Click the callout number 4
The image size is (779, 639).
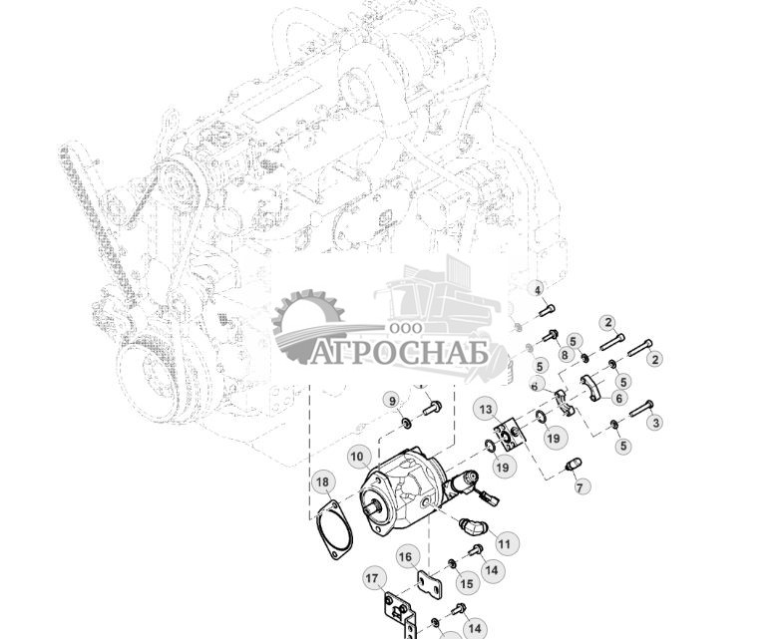pos(539,290)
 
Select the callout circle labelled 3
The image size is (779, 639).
pos(654,423)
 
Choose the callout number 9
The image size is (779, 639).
pos(392,401)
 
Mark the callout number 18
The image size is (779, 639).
pos(321,483)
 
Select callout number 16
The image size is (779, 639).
pos(406,557)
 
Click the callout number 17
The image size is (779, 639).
pos(373,577)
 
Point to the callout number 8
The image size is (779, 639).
pos(565,354)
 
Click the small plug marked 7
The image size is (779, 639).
pos(573,465)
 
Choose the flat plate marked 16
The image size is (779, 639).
pos(428,584)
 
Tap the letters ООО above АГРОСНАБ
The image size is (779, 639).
pos(404,328)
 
